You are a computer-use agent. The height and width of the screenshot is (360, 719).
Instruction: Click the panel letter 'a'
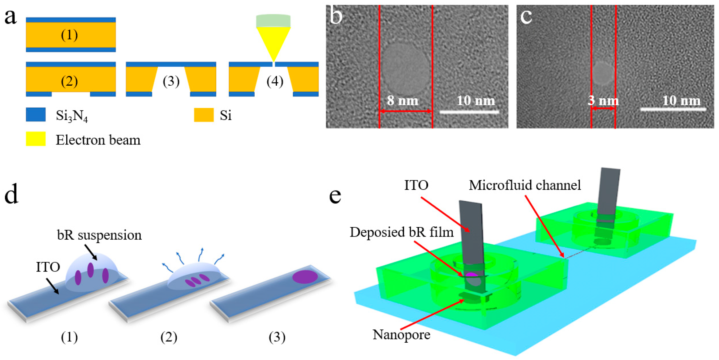(10, 17)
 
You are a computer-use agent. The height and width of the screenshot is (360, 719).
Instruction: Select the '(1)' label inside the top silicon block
(69, 35)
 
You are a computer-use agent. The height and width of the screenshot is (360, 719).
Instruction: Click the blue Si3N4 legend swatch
(36, 114)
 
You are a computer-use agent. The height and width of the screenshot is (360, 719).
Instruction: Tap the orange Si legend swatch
(204, 115)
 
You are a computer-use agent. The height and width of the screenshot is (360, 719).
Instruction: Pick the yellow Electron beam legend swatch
(36, 139)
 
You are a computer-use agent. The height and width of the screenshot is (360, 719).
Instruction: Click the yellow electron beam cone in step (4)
(273, 40)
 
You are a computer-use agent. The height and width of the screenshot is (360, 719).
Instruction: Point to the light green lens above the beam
(273, 21)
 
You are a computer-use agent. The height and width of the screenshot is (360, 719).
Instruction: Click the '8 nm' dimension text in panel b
(403, 100)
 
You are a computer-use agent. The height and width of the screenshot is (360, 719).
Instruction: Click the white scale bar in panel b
(469, 112)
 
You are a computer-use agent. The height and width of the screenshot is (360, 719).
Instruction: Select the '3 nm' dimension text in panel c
(603, 100)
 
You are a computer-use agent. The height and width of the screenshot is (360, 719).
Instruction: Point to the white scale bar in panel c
(673, 109)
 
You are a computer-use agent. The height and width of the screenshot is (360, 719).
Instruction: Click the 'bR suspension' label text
(99, 235)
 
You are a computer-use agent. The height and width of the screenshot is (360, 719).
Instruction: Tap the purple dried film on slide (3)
(305, 276)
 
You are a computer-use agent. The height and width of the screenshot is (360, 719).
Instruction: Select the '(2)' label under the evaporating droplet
(169, 337)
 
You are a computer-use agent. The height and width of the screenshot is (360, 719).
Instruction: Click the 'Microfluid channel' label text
(525, 185)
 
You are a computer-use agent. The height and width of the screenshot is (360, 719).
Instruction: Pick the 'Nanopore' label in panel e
(401, 334)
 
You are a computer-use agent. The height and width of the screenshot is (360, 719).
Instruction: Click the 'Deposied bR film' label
(401, 232)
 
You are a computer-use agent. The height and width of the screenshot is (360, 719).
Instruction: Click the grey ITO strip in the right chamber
(608, 192)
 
